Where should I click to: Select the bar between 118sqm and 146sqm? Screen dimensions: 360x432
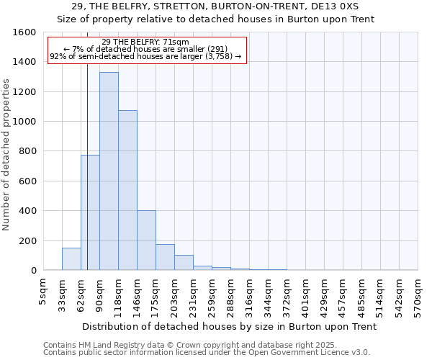tap(127, 190)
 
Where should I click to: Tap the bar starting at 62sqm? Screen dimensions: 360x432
tap(90, 212)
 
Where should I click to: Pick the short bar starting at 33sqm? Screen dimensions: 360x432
tap(71, 259)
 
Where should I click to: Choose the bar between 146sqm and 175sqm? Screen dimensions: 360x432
tap(146, 240)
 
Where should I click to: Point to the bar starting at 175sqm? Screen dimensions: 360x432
tap(165, 257)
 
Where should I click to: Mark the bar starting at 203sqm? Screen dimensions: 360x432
tap(184, 263)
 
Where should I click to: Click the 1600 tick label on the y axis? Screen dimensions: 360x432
tap(24, 32)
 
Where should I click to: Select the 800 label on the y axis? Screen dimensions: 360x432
tap(27, 151)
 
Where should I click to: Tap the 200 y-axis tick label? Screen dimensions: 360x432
tap(27, 240)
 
